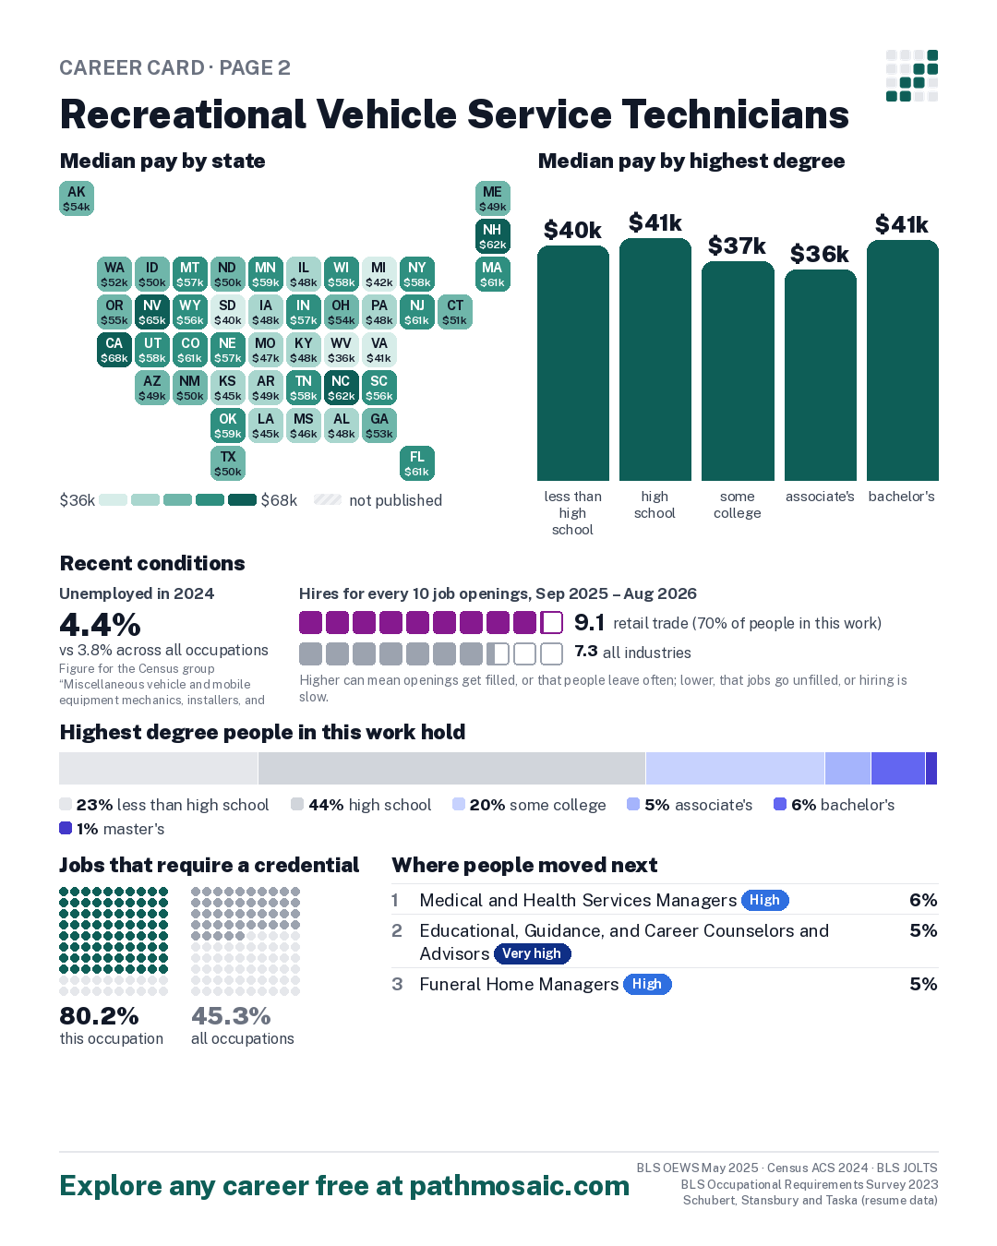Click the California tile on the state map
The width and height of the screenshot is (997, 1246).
(114, 350)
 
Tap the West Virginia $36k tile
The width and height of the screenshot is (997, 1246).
(342, 350)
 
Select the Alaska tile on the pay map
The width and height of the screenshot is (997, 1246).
(77, 198)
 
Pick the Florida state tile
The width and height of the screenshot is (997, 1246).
(417, 463)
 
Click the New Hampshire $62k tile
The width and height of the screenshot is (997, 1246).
(492, 236)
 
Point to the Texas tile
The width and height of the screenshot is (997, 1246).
(228, 463)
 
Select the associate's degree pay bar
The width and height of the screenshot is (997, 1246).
(821, 376)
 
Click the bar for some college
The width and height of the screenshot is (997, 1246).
(738, 371)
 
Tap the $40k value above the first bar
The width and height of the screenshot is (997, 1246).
(572, 231)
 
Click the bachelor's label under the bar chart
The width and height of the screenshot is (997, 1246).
(901, 497)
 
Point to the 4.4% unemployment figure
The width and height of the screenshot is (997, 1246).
(100, 624)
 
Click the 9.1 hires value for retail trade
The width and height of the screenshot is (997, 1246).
(589, 622)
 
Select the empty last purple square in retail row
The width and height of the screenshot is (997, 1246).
(551, 623)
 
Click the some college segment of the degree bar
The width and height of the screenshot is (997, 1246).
(735, 768)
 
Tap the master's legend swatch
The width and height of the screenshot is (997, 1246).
(66, 828)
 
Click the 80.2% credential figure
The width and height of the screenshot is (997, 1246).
(99, 1015)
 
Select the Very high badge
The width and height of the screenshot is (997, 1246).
(532, 953)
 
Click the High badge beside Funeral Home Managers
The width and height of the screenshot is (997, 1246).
(647, 984)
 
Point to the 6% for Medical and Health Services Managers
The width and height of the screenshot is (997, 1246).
(923, 900)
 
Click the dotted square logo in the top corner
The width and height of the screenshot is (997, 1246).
(912, 76)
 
